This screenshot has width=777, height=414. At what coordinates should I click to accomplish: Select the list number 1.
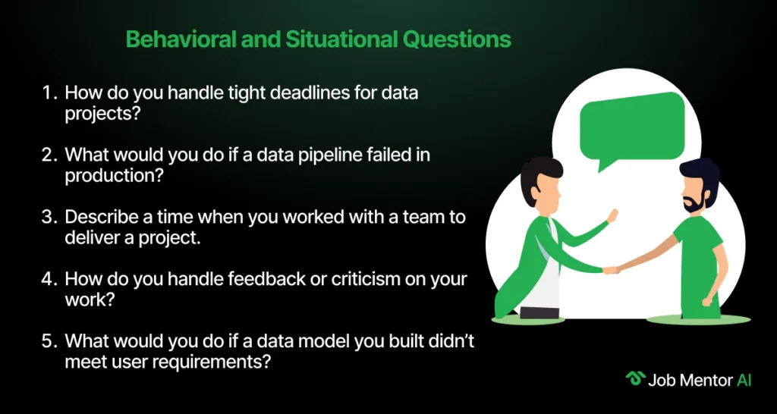point(48,93)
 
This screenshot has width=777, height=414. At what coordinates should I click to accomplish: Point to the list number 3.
point(48,218)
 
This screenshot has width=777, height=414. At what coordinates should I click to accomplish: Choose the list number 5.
point(48,342)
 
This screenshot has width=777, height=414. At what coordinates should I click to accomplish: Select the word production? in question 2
point(115,176)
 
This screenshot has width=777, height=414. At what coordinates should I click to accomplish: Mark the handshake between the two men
point(611,271)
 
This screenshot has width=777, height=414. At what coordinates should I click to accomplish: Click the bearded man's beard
point(693,202)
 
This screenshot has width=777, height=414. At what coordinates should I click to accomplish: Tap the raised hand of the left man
point(612,216)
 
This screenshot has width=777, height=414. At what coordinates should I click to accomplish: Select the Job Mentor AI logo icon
point(635,379)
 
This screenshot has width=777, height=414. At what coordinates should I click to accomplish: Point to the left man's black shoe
point(539,313)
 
